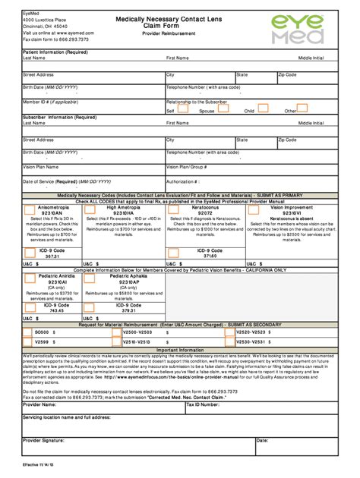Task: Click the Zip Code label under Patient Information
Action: click(286, 75)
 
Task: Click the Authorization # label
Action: click(182, 181)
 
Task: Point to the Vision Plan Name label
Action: click(40, 166)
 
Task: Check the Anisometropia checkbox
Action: click(29, 209)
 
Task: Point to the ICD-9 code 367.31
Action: click(52, 256)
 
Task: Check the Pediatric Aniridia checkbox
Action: click(29, 277)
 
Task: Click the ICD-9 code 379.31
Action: click(128, 310)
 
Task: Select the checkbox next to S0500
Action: click(29, 332)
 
